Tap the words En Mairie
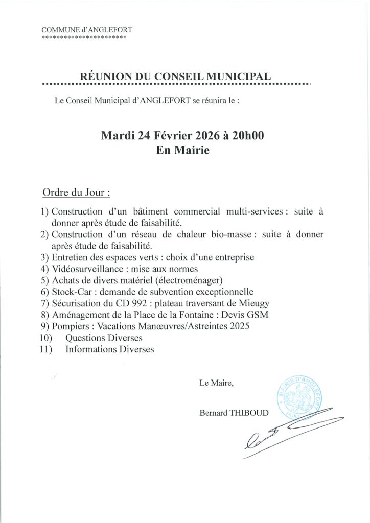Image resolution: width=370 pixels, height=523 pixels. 182,151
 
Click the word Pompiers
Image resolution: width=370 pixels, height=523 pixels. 70,326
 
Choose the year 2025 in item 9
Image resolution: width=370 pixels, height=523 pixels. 239,326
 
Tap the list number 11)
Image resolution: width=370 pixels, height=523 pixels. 46,350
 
